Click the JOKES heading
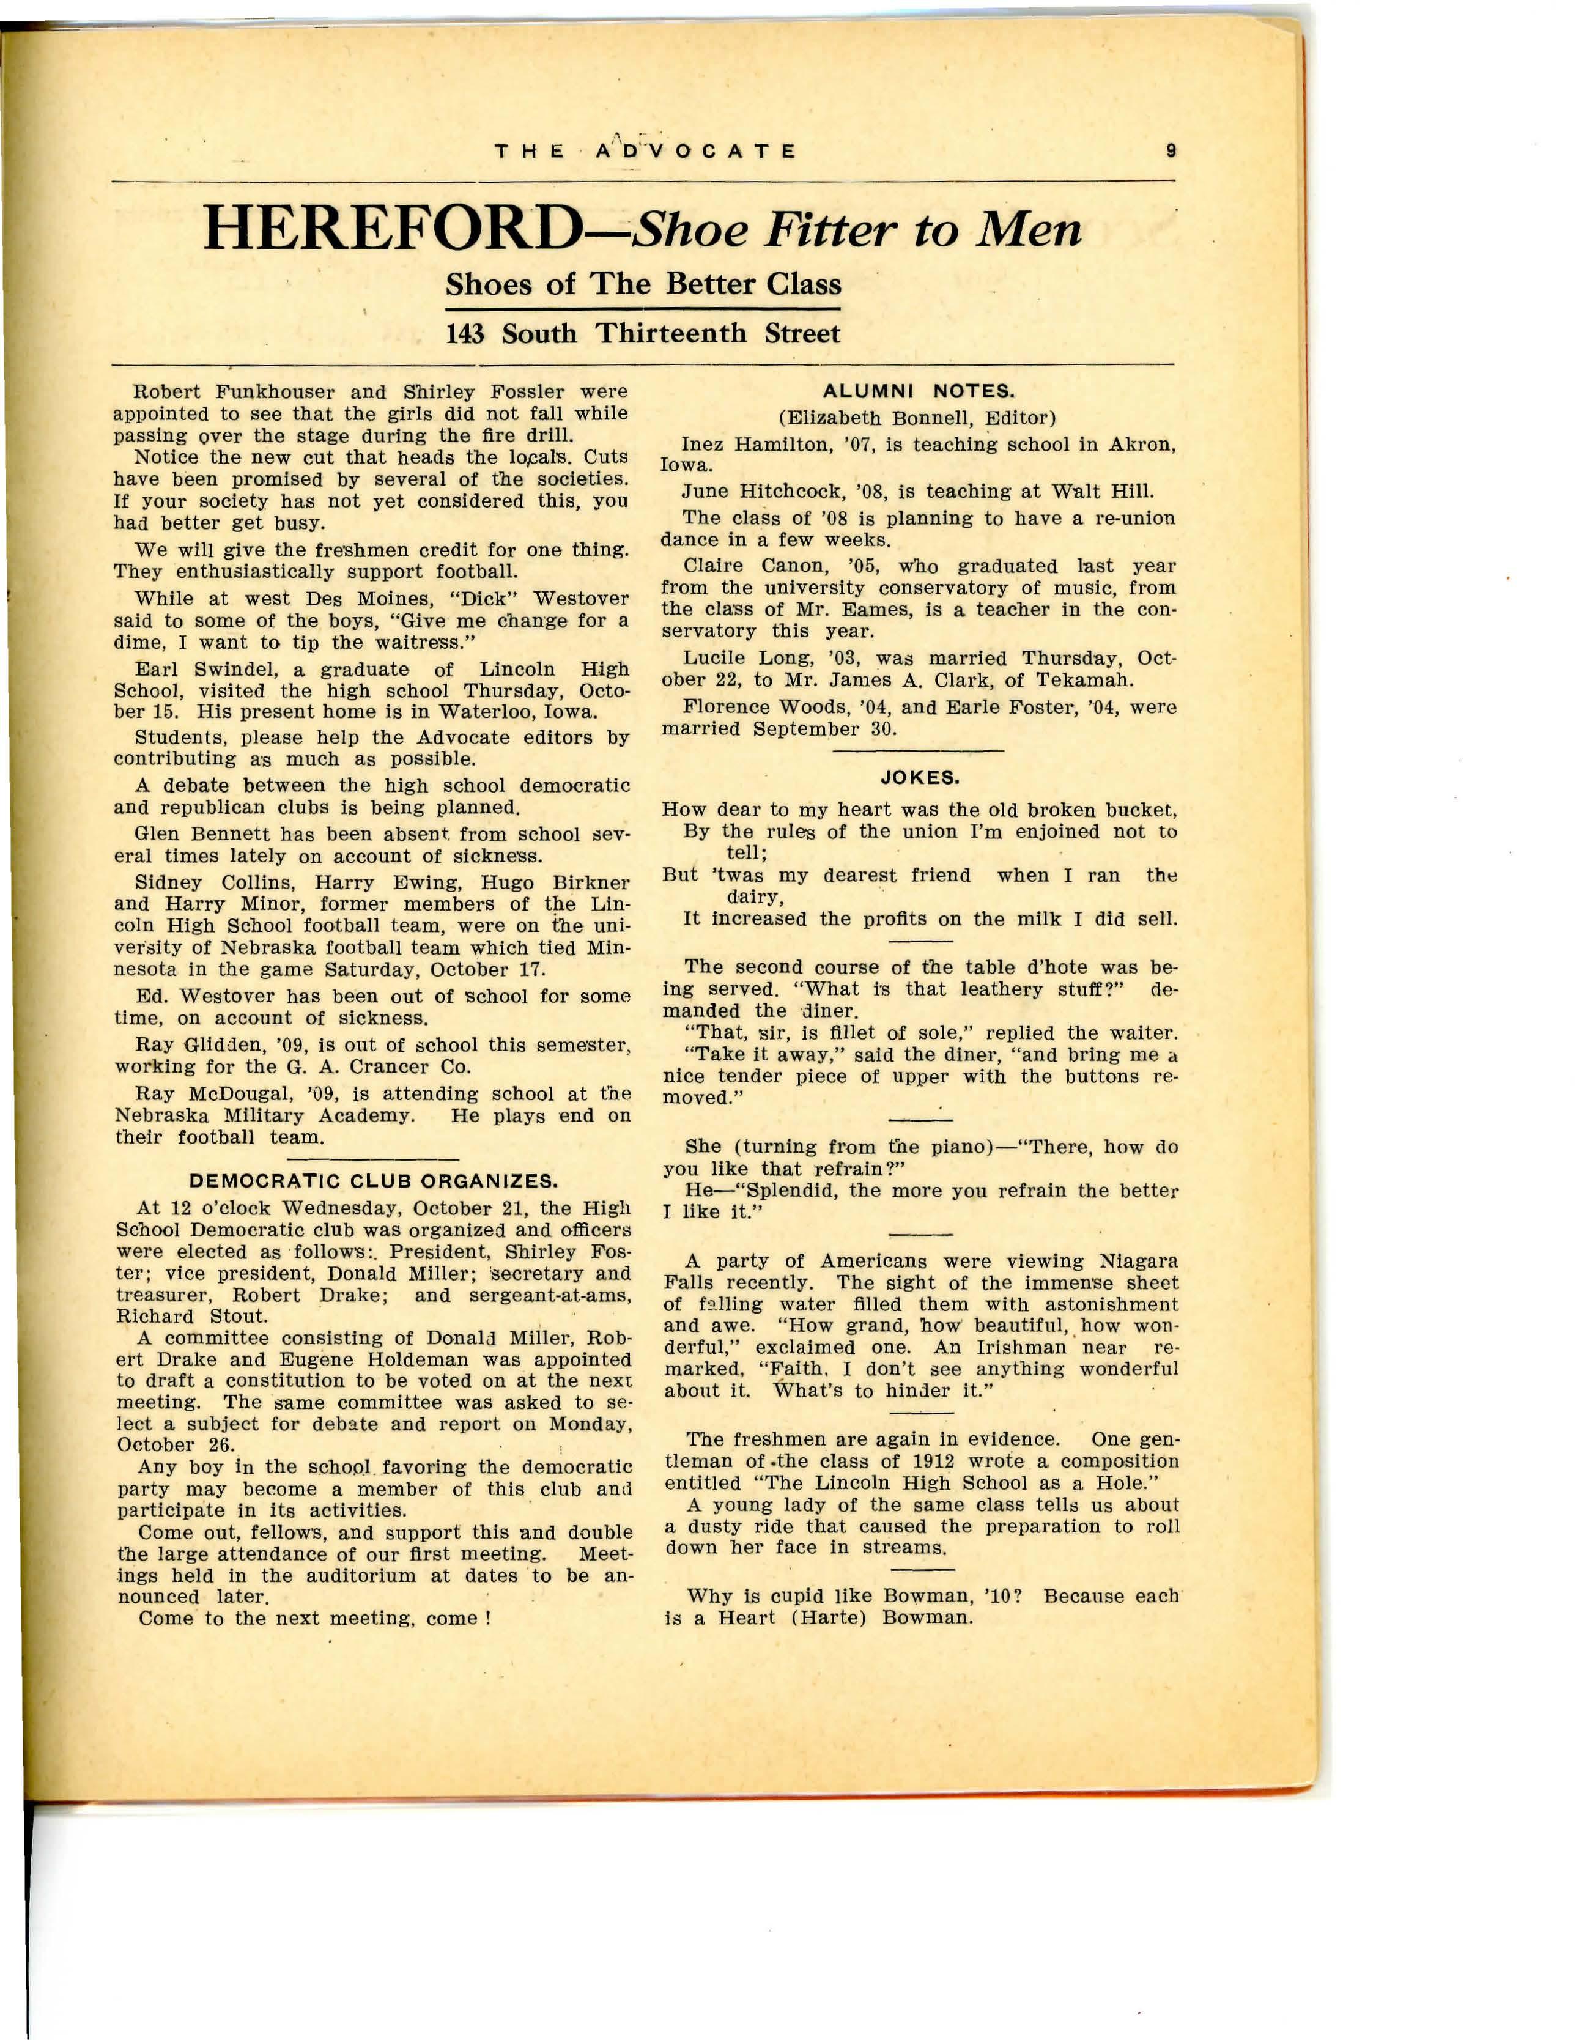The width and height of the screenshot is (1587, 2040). coord(919,777)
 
